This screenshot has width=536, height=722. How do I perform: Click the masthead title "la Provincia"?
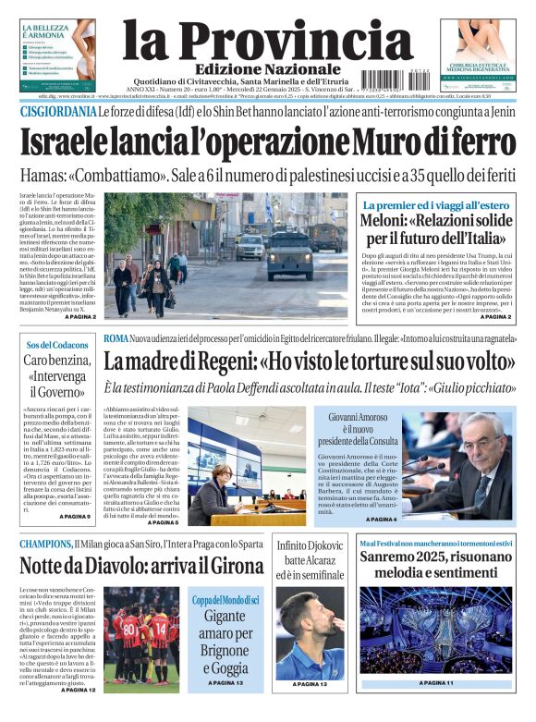point(267,38)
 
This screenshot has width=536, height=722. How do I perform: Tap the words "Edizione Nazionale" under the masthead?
point(267,69)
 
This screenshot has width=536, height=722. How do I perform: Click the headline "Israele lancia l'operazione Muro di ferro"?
point(267,143)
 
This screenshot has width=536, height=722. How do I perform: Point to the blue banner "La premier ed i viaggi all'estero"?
point(437,204)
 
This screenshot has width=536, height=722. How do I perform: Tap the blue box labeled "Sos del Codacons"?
point(58,345)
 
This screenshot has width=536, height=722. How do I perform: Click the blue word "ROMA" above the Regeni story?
point(116,338)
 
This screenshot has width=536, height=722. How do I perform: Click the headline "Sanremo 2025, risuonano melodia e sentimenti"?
point(437,566)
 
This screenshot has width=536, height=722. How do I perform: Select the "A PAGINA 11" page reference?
point(437,683)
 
